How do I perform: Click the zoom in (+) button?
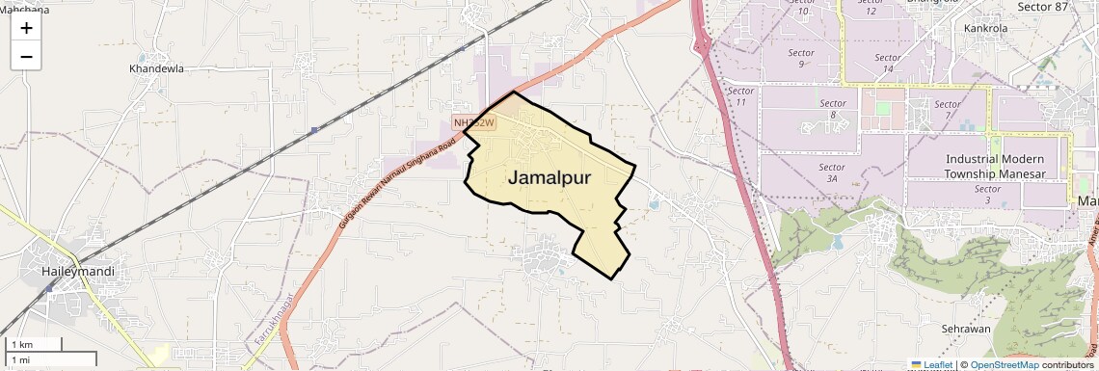click(x=26, y=28)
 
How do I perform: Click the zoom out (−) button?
click(x=26, y=57)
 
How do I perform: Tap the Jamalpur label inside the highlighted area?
click(x=549, y=178)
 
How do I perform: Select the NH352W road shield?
click(x=474, y=122)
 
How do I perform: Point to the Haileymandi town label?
click(x=78, y=272)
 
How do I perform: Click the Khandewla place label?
click(x=156, y=69)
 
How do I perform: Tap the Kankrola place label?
click(x=985, y=28)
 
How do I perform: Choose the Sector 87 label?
click(x=1043, y=7)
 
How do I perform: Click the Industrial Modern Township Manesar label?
click(x=995, y=166)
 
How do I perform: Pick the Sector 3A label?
click(x=831, y=172)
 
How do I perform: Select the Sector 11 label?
click(x=740, y=95)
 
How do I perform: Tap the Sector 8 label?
click(x=833, y=109)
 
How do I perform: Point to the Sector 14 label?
click(x=887, y=63)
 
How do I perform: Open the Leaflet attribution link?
click(x=931, y=365)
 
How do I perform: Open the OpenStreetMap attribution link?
click(x=1004, y=365)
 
